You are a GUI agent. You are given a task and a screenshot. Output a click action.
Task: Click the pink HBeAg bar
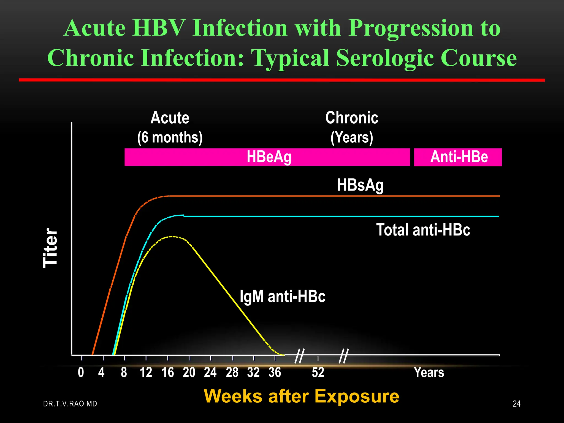[267, 157]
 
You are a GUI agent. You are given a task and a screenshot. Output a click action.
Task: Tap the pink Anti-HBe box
[458, 157]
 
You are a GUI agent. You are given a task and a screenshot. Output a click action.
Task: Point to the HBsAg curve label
[360, 185]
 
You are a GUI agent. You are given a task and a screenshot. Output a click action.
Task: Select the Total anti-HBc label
[423, 230]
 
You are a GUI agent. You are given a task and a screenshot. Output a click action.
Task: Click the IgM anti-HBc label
[283, 297]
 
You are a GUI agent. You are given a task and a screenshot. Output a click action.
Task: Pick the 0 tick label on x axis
[81, 373]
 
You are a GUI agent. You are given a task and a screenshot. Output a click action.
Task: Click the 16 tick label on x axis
[168, 373]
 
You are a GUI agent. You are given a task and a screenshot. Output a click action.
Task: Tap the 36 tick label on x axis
[275, 373]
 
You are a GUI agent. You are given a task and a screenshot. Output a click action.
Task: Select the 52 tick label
[318, 373]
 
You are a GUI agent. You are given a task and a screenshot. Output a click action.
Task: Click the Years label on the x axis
[429, 373]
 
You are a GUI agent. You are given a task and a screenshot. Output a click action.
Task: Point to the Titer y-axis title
[50, 248]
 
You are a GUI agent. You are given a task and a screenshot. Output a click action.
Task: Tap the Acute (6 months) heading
[170, 128]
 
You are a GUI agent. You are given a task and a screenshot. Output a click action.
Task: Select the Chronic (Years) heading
[352, 128]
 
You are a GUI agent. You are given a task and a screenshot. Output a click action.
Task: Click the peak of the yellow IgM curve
[172, 237]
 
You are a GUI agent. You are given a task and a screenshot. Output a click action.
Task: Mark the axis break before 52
[299, 356]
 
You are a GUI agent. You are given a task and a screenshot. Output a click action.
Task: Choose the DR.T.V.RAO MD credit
[70, 404]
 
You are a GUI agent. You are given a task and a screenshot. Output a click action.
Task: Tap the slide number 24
[516, 404]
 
